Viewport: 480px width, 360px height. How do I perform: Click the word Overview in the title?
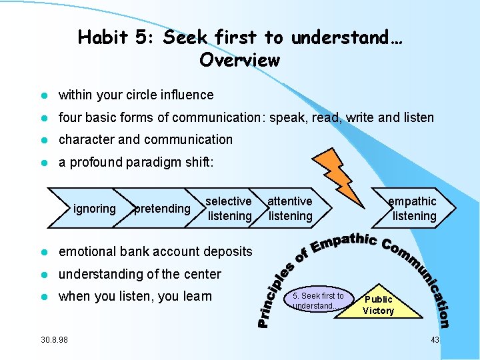[x=239, y=60]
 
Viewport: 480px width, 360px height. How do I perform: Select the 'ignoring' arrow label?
[x=95, y=209]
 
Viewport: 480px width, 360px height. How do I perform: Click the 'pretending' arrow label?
[x=162, y=209]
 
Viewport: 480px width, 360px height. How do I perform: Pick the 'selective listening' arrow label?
[x=229, y=209]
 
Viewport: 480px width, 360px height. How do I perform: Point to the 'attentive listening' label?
[x=290, y=209]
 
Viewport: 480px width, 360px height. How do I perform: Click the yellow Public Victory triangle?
[x=378, y=305]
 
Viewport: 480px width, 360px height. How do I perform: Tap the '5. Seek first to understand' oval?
[x=318, y=301]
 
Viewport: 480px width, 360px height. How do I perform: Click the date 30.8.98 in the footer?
[x=54, y=340]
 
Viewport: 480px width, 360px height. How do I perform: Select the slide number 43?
[x=435, y=340]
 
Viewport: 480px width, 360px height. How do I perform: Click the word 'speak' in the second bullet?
[x=283, y=118]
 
